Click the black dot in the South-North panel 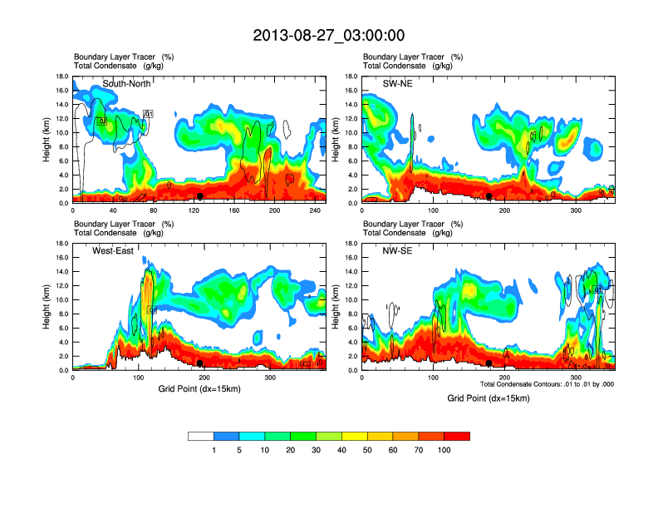point(200,196)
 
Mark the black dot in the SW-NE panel point(489,196)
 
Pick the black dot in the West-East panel point(200,363)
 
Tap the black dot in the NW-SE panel point(489,363)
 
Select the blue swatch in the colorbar point(226,436)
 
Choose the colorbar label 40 point(341,450)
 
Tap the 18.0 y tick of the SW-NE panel point(351,76)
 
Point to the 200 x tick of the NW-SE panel point(504,378)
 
